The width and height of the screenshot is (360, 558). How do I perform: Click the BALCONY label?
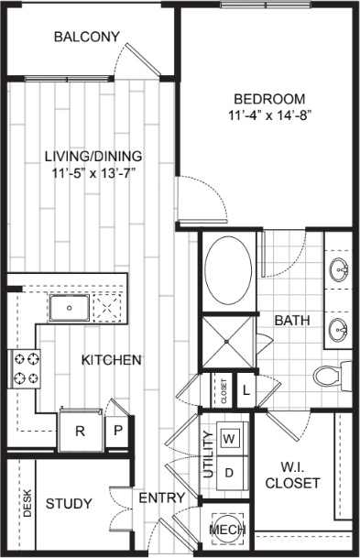coord(86,38)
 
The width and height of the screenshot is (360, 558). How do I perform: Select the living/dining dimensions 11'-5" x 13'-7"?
coord(95,171)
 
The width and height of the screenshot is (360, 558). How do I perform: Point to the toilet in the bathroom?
coord(331,376)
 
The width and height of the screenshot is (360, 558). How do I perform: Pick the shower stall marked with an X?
coord(226,340)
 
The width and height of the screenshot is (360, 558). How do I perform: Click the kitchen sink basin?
coord(68,308)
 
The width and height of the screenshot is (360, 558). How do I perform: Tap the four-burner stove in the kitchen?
coord(24,367)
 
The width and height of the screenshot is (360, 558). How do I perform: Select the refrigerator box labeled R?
coord(80,431)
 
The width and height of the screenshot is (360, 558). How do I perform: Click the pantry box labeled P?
coord(119,431)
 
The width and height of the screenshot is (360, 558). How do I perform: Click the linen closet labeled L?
coord(246,388)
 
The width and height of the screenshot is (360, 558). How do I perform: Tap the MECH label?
coord(225,531)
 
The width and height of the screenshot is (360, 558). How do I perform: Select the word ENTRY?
coord(162,498)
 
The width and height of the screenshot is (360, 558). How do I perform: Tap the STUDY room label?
coord(68,504)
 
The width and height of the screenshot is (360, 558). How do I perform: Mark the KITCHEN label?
coord(111,360)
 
